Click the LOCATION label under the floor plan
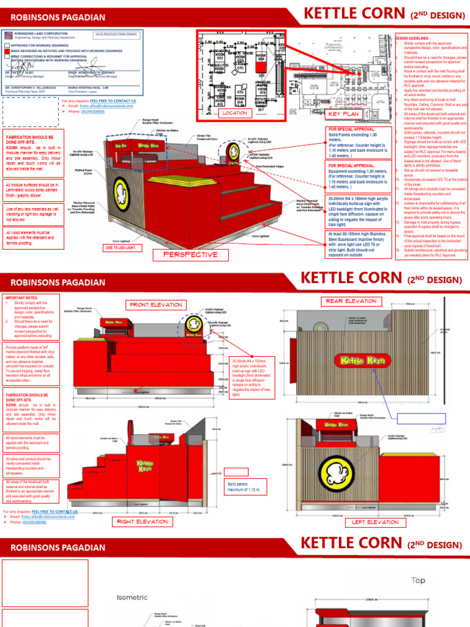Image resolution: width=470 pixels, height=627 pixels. pos(235,113)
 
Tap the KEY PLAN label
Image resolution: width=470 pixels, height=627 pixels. pos(343,114)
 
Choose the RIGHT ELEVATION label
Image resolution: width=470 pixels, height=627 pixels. pos(141,522)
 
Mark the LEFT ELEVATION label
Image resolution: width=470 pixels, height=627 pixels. pos(375,522)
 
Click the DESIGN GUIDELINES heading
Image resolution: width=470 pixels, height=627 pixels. pos(414,38)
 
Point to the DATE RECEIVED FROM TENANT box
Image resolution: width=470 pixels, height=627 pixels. pos(116,36)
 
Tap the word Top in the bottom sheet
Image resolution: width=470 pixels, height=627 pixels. pos(418,580)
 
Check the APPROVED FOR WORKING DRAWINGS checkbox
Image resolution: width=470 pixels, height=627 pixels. pos(7,45)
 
